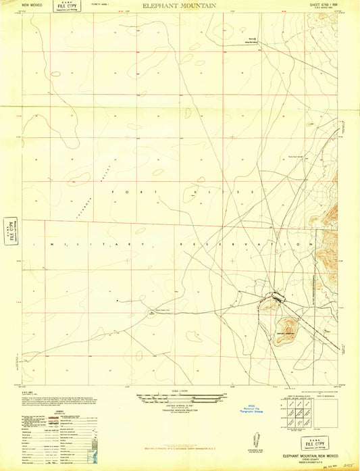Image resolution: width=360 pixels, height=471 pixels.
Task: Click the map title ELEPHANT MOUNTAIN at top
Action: [180, 5]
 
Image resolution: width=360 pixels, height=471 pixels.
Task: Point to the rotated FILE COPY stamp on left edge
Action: [9, 228]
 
